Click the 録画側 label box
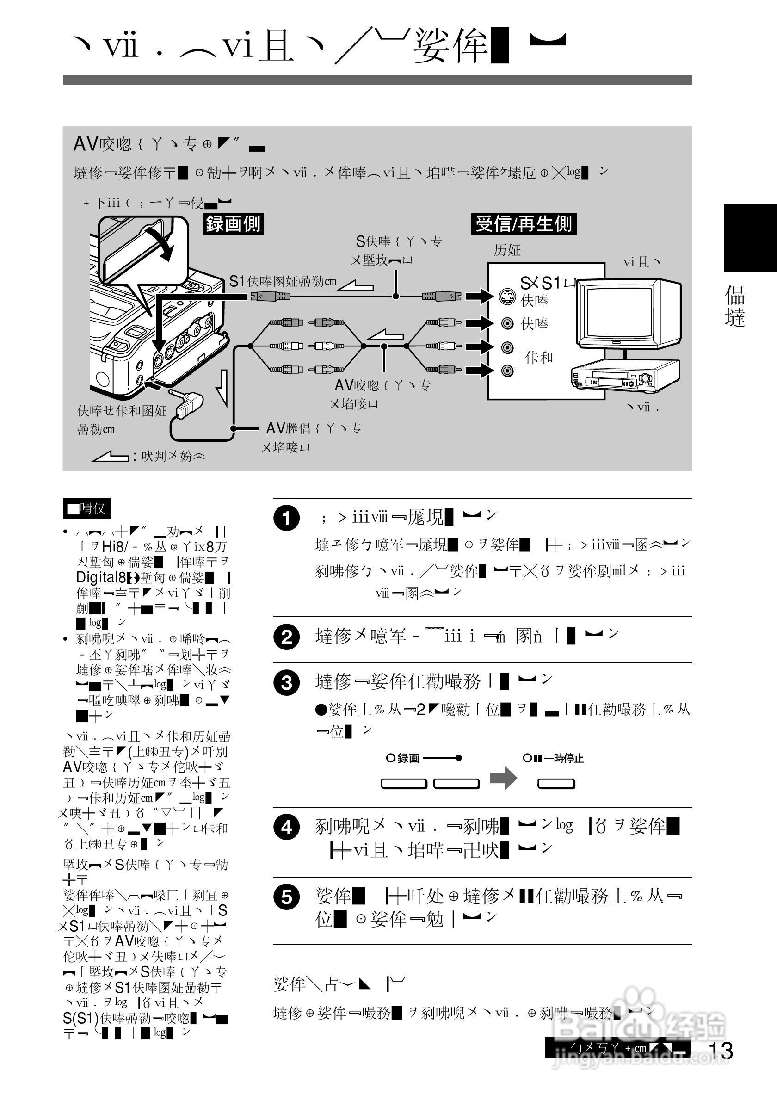pyautogui.click(x=233, y=223)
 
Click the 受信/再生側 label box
pyautogui.click(x=524, y=223)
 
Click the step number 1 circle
pyautogui.click(x=287, y=519)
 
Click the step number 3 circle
pyautogui.click(x=287, y=682)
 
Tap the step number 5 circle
pyautogui.click(x=287, y=897)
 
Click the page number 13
pyautogui.click(x=720, y=1050)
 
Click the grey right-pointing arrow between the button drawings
pyautogui.click(x=503, y=777)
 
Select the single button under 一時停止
pyautogui.click(x=556, y=784)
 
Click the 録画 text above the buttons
pyautogui.click(x=408, y=758)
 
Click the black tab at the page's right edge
pyautogui.click(x=750, y=238)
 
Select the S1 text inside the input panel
pyautogui.click(x=551, y=283)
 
